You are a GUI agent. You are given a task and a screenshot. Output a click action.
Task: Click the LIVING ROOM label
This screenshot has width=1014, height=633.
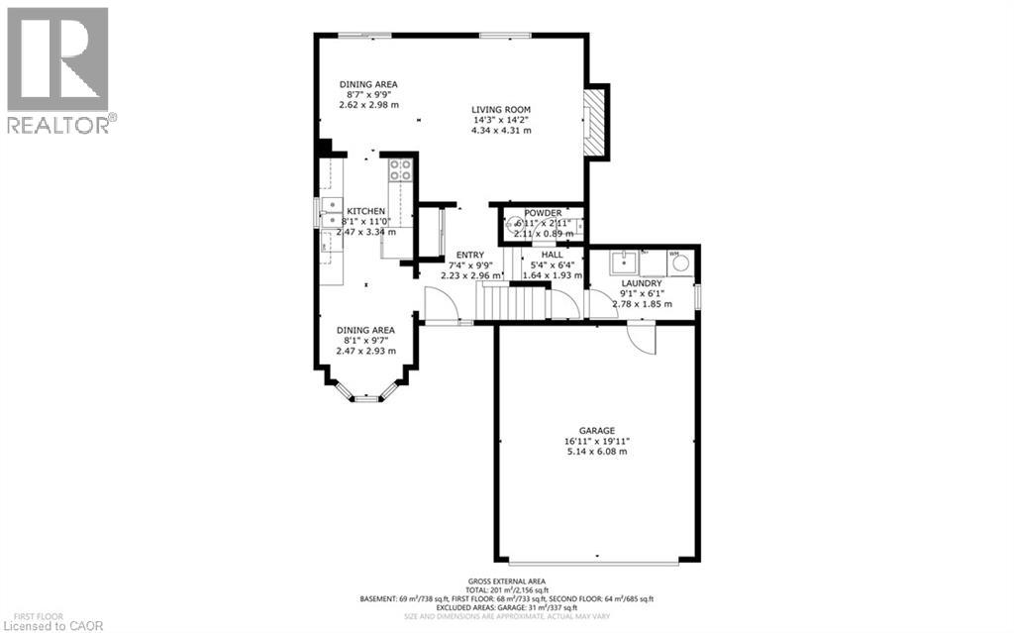[502, 110]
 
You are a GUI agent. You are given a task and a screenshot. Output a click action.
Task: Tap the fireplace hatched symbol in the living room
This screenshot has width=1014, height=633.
[593, 123]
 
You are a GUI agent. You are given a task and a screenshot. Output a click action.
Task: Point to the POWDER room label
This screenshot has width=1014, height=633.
[544, 213]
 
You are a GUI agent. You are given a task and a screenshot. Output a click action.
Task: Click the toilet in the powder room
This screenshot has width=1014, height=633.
[514, 225]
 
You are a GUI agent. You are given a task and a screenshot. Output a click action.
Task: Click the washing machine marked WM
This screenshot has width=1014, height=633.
[676, 262]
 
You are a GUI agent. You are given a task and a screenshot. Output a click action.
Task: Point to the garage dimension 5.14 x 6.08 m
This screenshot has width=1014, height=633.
[596, 452]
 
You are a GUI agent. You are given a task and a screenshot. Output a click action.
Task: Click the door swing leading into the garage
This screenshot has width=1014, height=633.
[642, 339]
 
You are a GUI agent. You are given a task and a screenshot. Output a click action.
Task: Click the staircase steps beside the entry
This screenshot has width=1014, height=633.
[512, 302]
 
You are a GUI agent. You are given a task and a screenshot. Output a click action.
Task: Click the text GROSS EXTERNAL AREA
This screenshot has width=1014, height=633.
[506, 581]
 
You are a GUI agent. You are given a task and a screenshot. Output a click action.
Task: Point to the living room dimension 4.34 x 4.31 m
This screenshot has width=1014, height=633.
[502, 131]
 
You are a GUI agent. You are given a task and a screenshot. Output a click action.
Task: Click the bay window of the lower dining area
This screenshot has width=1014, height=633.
[366, 396]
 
